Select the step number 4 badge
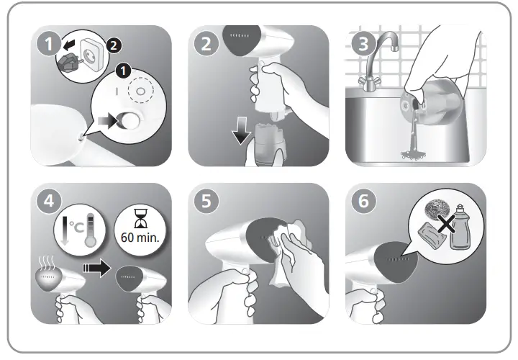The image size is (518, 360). pos(47,202)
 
